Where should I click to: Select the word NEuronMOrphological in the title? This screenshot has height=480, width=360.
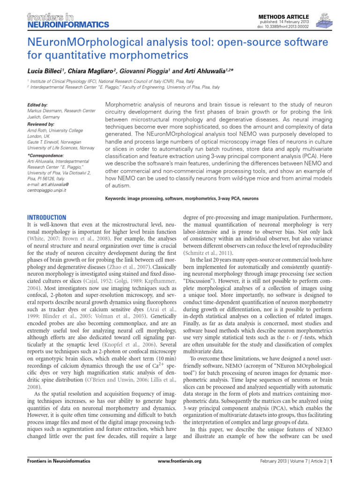[81, 43]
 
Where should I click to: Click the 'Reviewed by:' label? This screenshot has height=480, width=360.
[40, 124]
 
